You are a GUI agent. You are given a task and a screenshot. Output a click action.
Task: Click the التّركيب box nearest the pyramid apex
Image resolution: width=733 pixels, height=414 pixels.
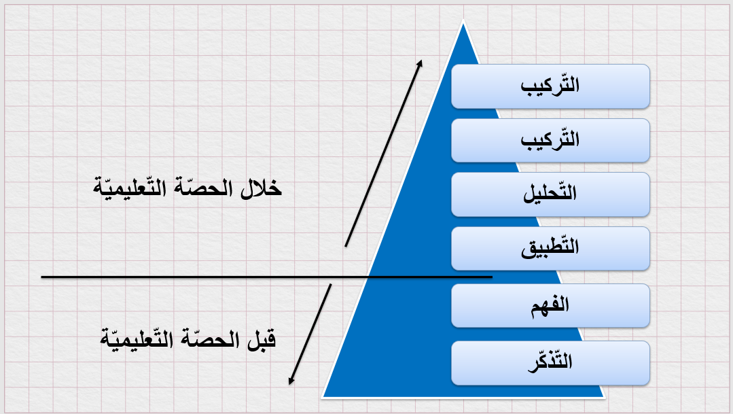(550, 86)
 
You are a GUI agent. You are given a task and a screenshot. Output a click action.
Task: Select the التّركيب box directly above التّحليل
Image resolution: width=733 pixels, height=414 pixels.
(550, 140)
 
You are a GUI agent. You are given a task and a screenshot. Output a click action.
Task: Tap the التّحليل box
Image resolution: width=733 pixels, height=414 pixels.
(550, 194)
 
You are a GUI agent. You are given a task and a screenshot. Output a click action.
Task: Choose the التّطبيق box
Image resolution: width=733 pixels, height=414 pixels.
(550, 248)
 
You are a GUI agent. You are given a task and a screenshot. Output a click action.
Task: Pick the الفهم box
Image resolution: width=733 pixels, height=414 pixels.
(550, 305)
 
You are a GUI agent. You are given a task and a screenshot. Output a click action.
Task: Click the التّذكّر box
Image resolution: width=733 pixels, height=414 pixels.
(550, 362)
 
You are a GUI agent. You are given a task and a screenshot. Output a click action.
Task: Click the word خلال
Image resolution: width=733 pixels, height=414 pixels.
(261, 188)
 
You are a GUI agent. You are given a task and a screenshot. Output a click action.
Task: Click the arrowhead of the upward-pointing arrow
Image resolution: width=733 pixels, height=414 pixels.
(421, 63)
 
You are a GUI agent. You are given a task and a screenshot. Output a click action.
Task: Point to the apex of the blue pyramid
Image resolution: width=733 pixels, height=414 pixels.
(463, 21)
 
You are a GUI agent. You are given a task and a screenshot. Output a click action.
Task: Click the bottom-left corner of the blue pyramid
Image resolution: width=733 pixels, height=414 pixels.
(322, 397)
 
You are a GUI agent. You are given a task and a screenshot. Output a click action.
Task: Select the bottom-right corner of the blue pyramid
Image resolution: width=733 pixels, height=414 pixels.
(605, 397)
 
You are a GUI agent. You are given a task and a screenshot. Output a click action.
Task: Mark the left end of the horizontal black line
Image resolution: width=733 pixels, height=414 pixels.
(41, 277)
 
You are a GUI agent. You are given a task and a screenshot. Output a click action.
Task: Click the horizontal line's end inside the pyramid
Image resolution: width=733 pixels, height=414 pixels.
(493, 277)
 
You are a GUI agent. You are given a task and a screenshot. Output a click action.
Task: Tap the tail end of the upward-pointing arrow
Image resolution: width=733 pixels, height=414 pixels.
(346, 246)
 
